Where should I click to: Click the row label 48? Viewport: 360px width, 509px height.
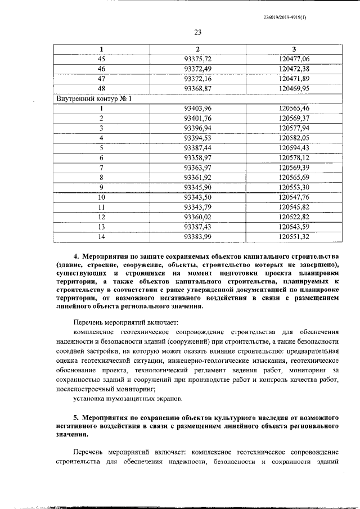pos(102,88)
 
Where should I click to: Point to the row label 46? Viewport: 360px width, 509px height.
pos(102,69)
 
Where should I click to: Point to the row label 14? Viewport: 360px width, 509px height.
pos(102,236)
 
